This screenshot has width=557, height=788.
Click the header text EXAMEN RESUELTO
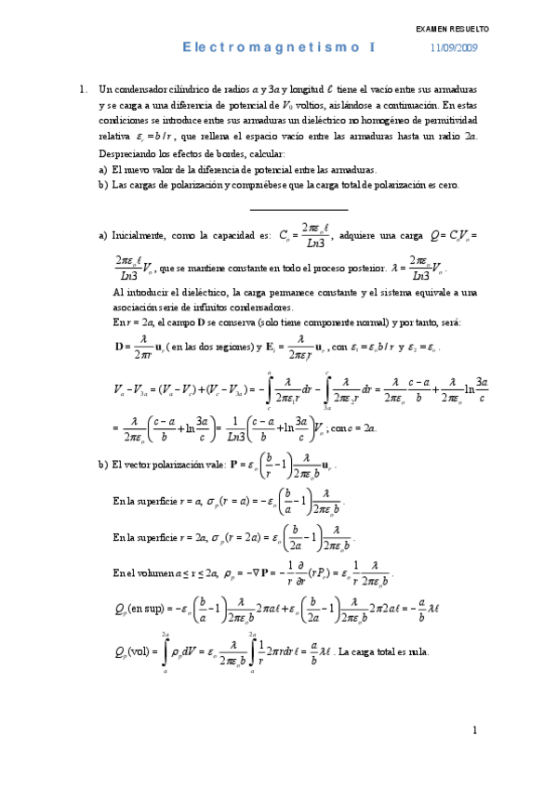tap(452, 30)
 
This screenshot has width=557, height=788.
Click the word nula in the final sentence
tap(416, 652)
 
